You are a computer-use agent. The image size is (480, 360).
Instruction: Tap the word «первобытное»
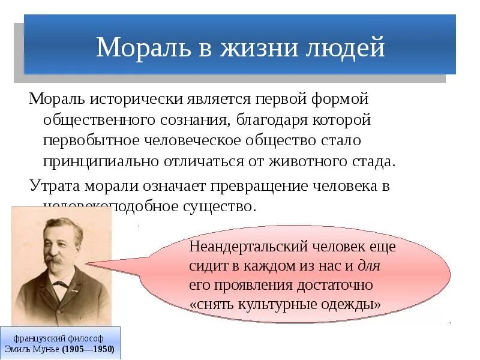(x=88, y=140)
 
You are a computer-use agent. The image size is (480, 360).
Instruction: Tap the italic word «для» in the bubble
(x=370, y=265)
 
